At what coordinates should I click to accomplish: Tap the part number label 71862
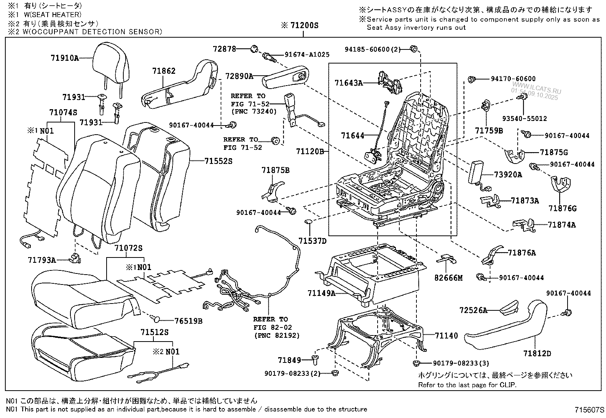[164, 71]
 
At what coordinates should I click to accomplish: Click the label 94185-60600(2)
[373, 49]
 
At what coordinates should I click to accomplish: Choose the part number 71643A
[349, 83]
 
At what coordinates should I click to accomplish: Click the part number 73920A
[508, 175]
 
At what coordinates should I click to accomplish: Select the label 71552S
[218, 161]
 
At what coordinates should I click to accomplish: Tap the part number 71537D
[313, 241]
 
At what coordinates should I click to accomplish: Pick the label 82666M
[448, 278]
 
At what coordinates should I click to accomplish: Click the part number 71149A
[322, 293]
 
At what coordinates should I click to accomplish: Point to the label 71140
[447, 335]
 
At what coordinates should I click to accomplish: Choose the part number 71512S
[154, 332]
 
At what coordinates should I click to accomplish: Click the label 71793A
[41, 260]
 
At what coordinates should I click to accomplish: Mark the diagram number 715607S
[590, 410]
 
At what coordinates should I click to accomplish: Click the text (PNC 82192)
[276, 335]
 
